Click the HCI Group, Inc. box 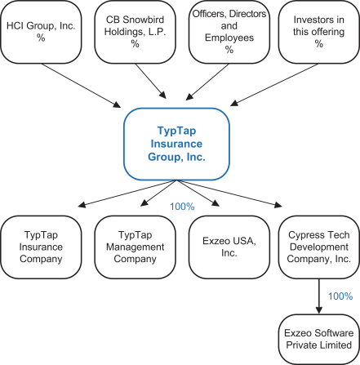41,32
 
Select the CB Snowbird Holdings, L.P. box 135,32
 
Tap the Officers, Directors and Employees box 229,32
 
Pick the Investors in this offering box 318,32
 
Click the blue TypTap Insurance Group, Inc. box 176,144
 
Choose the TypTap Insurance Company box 41,247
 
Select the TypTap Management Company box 135,247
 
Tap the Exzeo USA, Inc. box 229,247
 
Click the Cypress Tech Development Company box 318,247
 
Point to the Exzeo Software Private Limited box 318,339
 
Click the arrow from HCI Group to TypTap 81,86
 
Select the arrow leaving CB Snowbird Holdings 151,81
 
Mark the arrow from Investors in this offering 274,85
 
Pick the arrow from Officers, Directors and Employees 207,82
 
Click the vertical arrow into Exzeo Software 319,296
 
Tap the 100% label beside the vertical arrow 340,296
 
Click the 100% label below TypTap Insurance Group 182,207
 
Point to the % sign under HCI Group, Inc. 41,38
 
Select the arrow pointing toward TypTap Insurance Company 127,194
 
